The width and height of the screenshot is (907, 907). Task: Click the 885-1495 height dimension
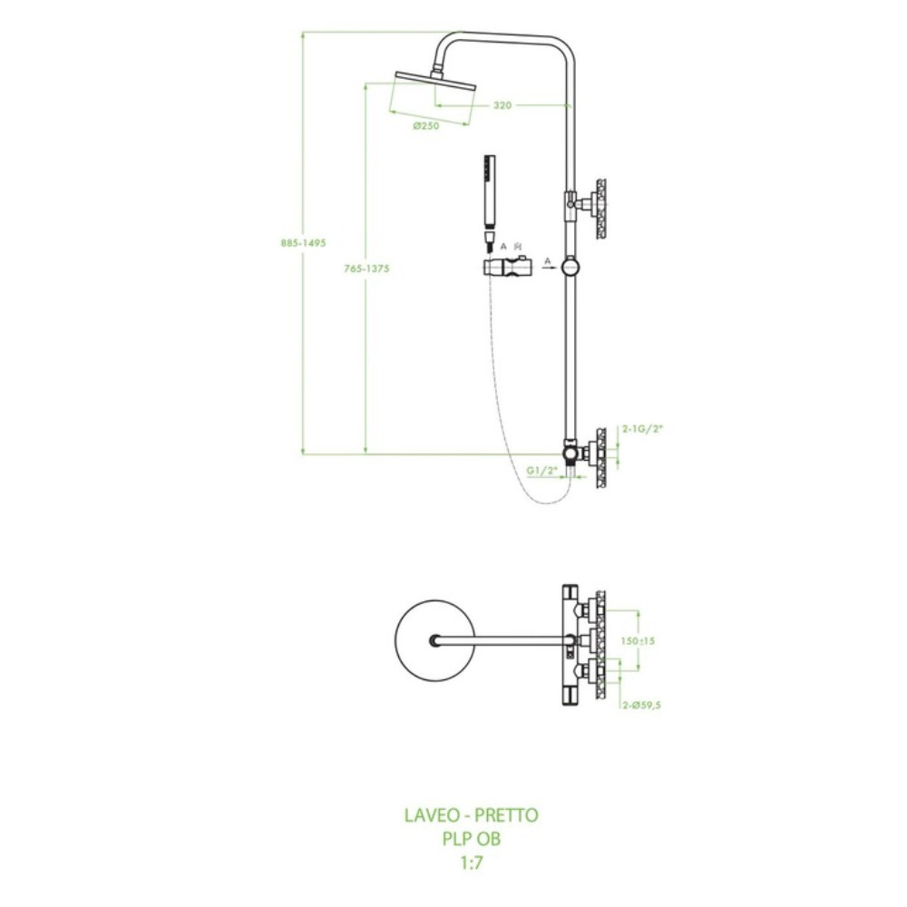[303, 243]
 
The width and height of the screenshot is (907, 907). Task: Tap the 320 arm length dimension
[502, 105]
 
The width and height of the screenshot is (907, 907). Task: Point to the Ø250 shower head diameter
[426, 126]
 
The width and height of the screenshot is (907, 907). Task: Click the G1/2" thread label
[541, 470]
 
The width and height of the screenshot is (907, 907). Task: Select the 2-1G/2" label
[642, 428]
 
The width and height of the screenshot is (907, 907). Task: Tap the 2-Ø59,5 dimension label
[641, 705]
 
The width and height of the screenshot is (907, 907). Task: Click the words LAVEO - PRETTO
[471, 815]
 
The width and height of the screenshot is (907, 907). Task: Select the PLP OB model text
[471, 839]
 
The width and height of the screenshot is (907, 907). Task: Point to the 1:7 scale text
[471, 863]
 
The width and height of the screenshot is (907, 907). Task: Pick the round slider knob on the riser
[571, 267]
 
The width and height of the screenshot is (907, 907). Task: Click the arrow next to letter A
[548, 266]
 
